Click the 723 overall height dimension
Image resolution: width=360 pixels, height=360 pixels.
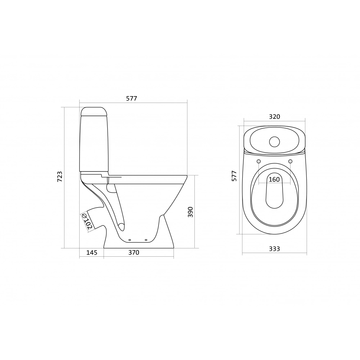(x=60, y=176)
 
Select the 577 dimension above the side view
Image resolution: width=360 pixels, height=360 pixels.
(x=131, y=98)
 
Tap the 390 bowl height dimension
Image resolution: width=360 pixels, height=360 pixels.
(x=190, y=212)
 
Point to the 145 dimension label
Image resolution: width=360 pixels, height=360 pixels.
(x=92, y=253)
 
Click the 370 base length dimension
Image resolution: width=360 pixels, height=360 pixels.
(x=134, y=253)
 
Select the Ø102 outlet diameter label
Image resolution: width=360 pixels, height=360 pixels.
(x=87, y=221)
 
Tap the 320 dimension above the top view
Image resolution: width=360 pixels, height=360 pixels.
(x=275, y=117)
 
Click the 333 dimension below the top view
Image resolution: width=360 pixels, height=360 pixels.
(x=275, y=249)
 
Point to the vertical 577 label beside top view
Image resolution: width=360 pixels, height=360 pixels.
(x=234, y=176)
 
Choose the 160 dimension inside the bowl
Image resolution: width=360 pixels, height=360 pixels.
(x=274, y=179)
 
